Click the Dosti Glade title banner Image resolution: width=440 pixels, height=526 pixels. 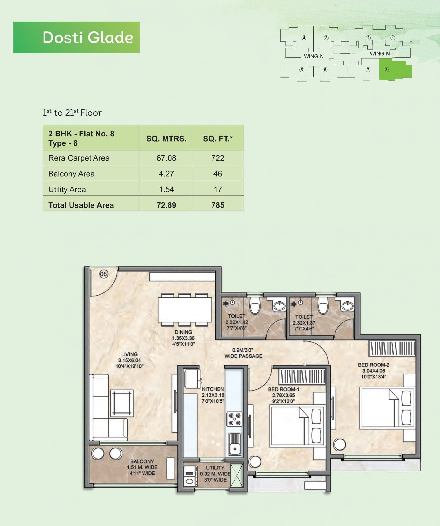point(76,37)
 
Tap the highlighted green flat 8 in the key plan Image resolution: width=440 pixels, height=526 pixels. point(395,70)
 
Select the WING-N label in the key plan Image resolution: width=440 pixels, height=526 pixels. point(314,56)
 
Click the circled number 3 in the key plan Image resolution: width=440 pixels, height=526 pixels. point(326,38)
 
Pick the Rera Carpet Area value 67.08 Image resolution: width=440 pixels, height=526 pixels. point(166,158)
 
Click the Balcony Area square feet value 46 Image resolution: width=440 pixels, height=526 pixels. point(218,174)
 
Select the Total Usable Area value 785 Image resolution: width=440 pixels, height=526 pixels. point(218,205)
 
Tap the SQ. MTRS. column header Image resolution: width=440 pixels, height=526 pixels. point(166,139)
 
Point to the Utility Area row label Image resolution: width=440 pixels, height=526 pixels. point(67,189)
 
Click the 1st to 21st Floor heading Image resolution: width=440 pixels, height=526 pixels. point(72,113)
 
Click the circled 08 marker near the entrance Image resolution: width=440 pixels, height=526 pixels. point(104,274)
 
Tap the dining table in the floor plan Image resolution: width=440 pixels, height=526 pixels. point(185,310)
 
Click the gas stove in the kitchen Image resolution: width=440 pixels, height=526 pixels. point(234,419)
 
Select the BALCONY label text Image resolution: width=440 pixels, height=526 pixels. point(142,461)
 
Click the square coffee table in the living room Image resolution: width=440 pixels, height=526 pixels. point(122,403)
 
